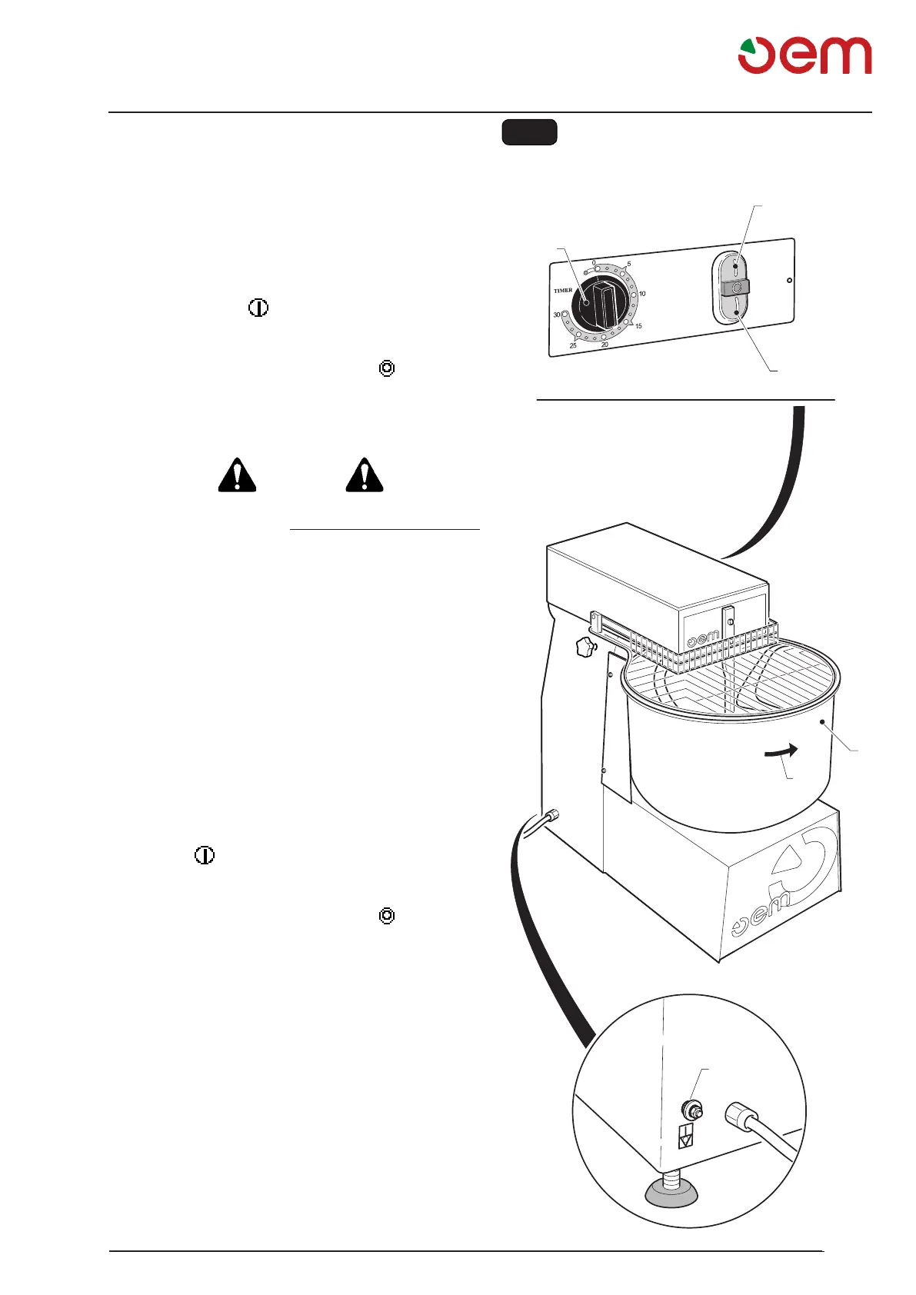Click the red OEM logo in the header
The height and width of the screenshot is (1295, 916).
coord(804,55)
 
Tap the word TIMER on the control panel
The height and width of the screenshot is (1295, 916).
coord(563,291)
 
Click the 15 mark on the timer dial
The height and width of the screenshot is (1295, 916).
coord(638,326)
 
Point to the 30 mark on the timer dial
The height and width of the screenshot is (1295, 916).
coord(557,315)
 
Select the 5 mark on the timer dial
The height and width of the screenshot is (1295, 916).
coord(629,265)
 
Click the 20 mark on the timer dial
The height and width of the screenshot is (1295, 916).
coord(605,345)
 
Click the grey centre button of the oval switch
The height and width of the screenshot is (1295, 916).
coord(736,288)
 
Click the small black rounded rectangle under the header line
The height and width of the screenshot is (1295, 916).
coord(529,132)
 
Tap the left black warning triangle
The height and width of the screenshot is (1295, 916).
coord(237,476)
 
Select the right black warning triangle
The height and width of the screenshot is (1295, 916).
coord(365,476)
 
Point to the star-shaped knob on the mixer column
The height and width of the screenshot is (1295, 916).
coord(587,647)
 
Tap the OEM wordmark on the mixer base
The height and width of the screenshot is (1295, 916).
coord(761,916)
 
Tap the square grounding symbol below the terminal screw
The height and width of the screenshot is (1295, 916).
coord(686,1136)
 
